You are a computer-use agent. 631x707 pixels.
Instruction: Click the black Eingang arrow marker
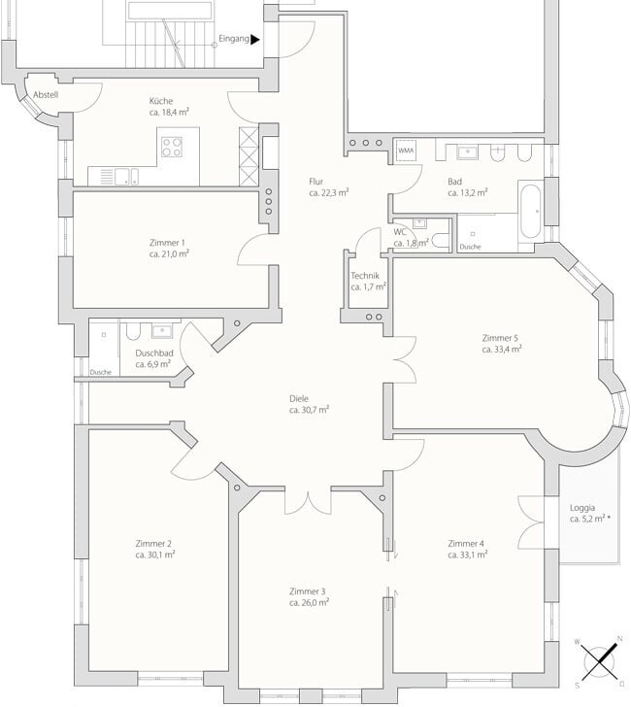tap(255, 40)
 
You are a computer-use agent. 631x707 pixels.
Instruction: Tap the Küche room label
tap(161, 101)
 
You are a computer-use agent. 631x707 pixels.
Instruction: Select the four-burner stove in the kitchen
tap(172, 147)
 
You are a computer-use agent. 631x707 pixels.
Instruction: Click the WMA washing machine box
tap(406, 151)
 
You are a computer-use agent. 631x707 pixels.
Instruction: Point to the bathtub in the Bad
tap(530, 212)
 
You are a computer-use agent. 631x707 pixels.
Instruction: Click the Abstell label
tap(46, 95)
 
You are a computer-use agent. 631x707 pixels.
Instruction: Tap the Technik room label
tap(365, 276)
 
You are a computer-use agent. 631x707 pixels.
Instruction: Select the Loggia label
tap(582, 508)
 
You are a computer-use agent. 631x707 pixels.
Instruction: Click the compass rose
tap(599, 662)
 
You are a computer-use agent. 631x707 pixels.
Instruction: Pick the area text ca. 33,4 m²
tap(502, 349)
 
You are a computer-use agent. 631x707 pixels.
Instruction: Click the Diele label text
tap(299, 398)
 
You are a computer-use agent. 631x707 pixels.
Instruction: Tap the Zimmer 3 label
tap(308, 591)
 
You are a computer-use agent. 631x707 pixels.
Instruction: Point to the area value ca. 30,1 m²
tap(155, 555)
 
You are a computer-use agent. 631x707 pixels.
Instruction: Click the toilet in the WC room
tap(441, 240)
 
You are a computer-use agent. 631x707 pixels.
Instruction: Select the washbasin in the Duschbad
tap(162, 330)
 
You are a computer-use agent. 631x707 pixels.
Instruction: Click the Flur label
tap(315, 182)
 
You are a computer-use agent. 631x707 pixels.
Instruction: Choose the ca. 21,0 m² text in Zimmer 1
tap(169, 253)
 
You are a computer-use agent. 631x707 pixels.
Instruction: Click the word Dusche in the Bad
tap(470, 247)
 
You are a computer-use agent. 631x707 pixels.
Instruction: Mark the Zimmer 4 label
tap(466, 543)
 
